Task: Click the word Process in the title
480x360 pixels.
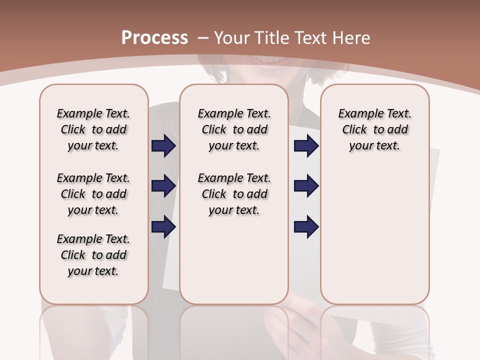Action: click(154, 38)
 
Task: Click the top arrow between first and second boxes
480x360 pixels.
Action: click(163, 145)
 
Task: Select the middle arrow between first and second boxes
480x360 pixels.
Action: click(163, 186)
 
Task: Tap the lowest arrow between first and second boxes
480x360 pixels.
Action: click(163, 227)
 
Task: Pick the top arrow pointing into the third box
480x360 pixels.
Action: click(306, 145)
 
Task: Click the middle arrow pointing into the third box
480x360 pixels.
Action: click(306, 186)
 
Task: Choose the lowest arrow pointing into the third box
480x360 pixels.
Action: click(306, 227)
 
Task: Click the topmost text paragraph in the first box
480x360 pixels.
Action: click(93, 129)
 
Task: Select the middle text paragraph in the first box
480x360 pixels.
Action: click(93, 194)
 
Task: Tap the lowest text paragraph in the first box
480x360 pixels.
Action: click(93, 255)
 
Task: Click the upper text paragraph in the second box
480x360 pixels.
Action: click(234, 129)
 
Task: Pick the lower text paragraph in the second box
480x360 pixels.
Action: click(234, 194)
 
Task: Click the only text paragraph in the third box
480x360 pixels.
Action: click(375, 129)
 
